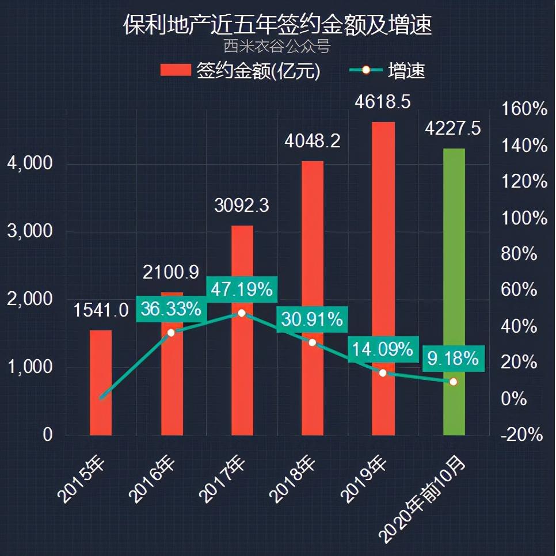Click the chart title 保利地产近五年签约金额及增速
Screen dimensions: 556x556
click(x=277, y=25)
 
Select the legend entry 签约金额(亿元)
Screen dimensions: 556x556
click(x=240, y=71)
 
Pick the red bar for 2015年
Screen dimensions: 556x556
click(x=101, y=383)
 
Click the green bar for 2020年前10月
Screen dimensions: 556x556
click(x=454, y=291)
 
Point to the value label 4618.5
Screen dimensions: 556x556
click(x=383, y=103)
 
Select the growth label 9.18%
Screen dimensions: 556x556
click(x=453, y=359)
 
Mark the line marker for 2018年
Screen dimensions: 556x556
click(x=312, y=342)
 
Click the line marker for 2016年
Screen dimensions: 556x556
click(x=171, y=333)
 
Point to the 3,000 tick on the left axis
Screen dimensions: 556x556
click(x=29, y=231)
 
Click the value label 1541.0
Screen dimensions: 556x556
click(x=101, y=311)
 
